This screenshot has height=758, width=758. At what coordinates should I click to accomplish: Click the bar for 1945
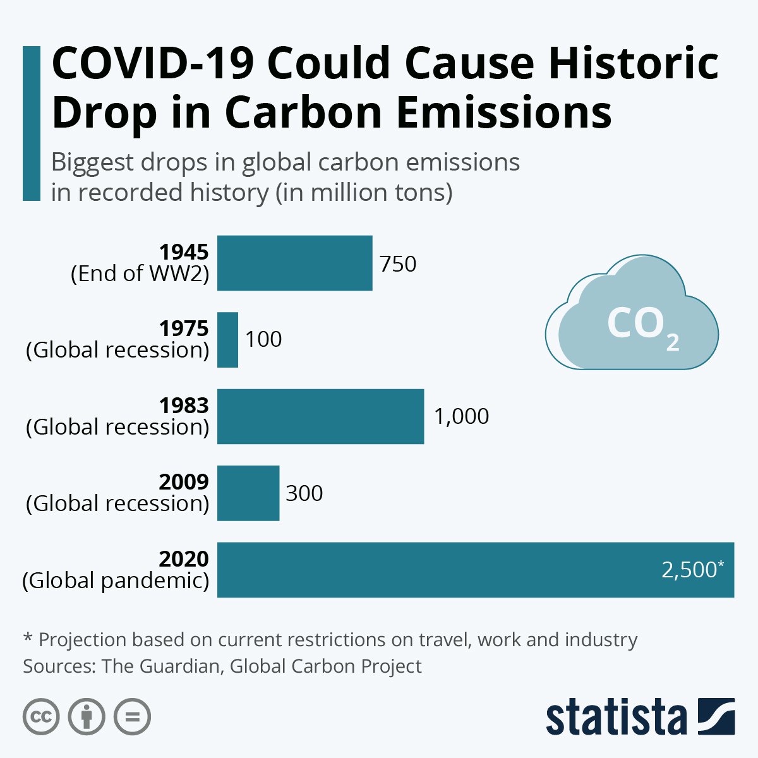click(x=294, y=263)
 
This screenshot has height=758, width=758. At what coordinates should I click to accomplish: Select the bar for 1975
click(x=227, y=340)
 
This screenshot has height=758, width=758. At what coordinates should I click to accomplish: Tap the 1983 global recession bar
click(x=320, y=416)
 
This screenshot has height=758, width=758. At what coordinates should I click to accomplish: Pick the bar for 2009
click(x=248, y=493)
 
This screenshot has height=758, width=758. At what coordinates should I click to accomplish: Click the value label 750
click(x=398, y=264)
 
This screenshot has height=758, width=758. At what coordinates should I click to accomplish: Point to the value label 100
click(x=263, y=340)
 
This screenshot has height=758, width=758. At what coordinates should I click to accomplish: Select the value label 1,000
click(x=461, y=417)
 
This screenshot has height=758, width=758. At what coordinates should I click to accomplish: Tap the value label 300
click(x=304, y=493)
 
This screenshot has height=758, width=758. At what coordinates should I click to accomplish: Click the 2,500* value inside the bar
click(x=692, y=570)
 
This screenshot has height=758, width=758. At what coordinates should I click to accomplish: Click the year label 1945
click(x=184, y=253)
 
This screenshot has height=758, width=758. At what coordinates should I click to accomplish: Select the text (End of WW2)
click(x=140, y=274)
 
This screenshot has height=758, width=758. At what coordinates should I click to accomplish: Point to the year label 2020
click(x=184, y=559)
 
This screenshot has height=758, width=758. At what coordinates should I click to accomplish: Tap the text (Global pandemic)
click(x=116, y=581)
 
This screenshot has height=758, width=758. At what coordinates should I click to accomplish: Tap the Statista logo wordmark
click(x=616, y=718)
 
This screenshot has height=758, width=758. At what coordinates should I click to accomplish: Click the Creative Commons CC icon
click(x=41, y=717)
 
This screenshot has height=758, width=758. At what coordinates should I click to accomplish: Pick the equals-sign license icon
click(x=132, y=717)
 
